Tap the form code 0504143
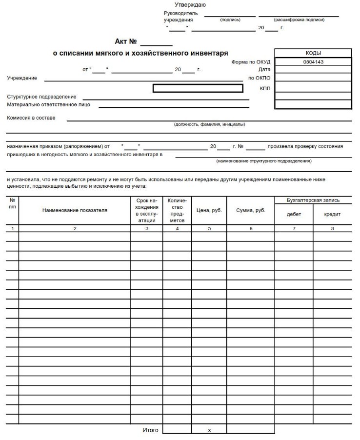click(313, 62)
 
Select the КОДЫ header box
click(313, 53)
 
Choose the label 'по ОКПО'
click(259, 78)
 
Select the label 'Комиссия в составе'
click(31, 118)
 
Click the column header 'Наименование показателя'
click(75, 210)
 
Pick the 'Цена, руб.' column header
click(209, 210)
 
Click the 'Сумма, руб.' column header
click(251, 210)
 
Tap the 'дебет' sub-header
click(294, 214)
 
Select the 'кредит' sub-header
click(332, 214)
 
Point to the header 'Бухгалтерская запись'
click(313, 200)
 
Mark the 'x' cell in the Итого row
click(209, 431)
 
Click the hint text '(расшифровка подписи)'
click(299, 20)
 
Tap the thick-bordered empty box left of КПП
click(198, 88)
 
